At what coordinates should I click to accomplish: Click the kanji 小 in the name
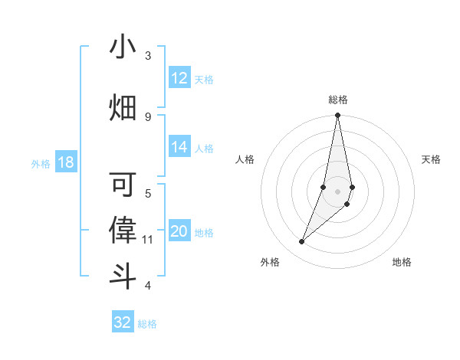click(x=123, y=47)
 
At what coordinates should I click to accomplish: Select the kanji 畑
click(x=123, y=108)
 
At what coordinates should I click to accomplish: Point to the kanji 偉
click(x=123, y=230)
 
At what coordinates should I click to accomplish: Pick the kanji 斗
click(x=123, y=275)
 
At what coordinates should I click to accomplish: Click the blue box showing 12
click(x=179, y=78)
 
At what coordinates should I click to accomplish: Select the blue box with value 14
click(x=179, y=148)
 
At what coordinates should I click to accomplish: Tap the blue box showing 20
click(x=179, y=231)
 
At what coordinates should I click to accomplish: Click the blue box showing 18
click(x=65, y=162)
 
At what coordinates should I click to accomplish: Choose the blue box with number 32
click(x=123, y=322)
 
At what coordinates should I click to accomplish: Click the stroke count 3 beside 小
click(x=148, y=55)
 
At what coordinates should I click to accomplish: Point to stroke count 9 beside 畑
click(x=148, y=116)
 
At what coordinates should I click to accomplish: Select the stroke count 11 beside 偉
click(x=148, y=240)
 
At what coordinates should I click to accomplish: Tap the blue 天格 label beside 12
click(x=204, y=79)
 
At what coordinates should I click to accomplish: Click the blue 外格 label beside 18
click(x=40, y=163)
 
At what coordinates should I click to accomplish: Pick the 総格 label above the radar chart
click(x=337, y=100)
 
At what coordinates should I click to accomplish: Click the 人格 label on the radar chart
click(x=245, y=159)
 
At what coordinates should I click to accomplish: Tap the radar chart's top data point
click(x=337, y=116)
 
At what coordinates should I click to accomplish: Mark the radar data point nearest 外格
click(x=302, y=242)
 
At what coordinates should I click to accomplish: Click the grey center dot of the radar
click(x=337, y=191)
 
